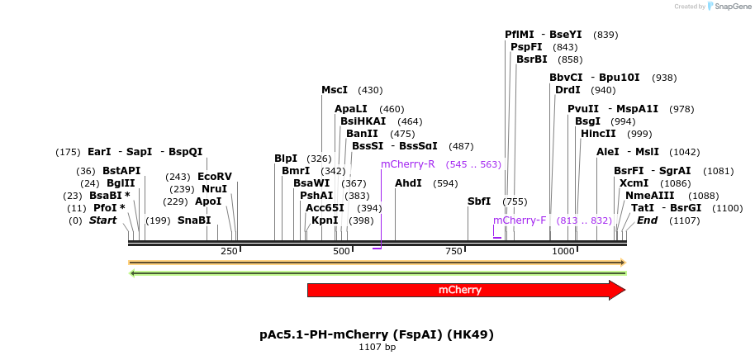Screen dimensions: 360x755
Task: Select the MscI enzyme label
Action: point(335,90)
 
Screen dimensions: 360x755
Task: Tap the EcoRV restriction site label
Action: point(215,177)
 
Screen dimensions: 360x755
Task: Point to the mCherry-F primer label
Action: point(520,220)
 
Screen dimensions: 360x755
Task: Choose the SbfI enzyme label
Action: point(479,201)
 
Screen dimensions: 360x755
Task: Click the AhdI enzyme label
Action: point(408,183)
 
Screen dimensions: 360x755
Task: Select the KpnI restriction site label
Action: point(325,220)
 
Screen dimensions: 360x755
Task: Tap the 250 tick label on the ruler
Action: point(229,251)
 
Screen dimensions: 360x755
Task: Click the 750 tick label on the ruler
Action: point(453,251)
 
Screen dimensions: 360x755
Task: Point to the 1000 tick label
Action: point(563,251)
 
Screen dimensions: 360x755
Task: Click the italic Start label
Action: point(103,220)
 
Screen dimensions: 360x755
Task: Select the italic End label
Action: point(647,220)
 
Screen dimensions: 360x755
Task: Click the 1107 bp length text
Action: point(377,348)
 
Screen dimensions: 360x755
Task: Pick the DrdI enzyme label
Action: point(567,90)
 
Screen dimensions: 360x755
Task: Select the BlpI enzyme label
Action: point(286,159)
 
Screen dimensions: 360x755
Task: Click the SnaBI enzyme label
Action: point(194,220)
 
